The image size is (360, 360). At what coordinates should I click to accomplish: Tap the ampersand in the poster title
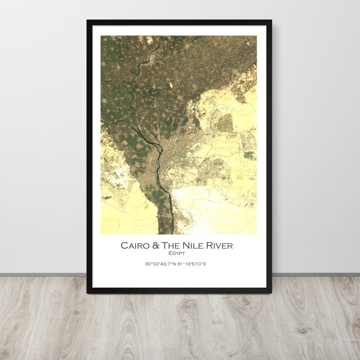click(x=155, y=246)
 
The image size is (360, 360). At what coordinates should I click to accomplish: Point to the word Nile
click(x=193, y=246)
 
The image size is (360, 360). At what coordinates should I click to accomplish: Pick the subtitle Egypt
click(x=176, y=253)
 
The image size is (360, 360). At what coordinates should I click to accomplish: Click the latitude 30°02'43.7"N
click(x=160, y=264)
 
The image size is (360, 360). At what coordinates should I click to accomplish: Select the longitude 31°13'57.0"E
click(x=192, y=264)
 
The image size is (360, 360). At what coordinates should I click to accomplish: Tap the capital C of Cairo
click(x=124, y=246)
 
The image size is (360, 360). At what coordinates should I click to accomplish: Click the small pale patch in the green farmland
click(x=171, y=85)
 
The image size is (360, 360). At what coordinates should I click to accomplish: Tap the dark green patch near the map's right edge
click(x=249, y=155)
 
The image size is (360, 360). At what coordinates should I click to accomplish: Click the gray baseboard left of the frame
click(x=43, y=275)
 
